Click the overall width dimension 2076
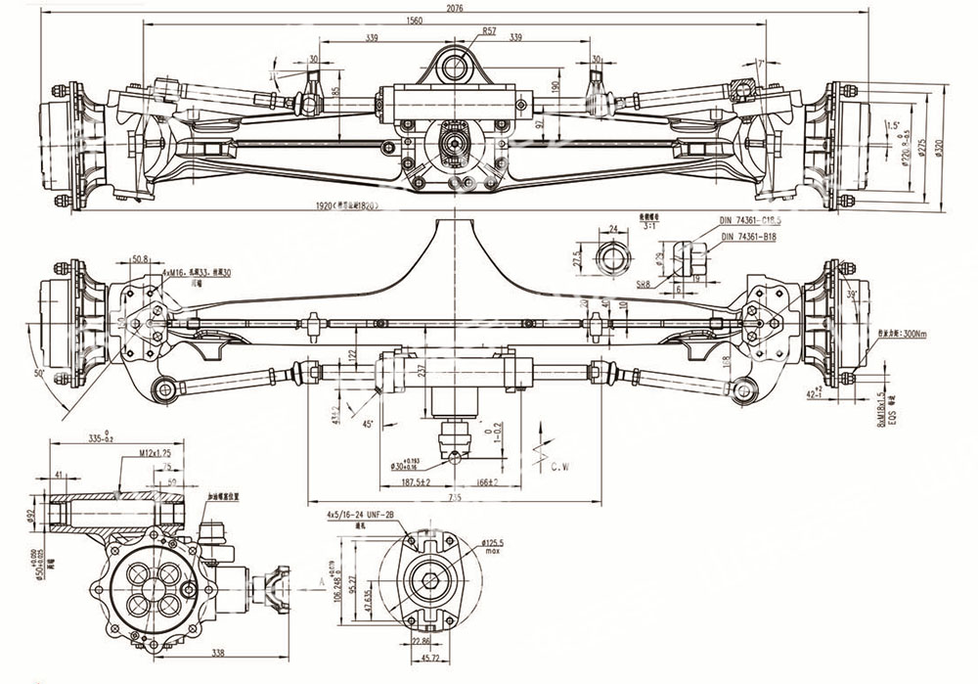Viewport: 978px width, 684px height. (454, 8)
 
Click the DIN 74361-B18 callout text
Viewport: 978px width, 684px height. (748, 236)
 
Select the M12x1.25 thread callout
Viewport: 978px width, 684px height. (156, 454)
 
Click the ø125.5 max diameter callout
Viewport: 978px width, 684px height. (497, 543)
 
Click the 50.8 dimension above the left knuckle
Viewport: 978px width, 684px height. (139, 260)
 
